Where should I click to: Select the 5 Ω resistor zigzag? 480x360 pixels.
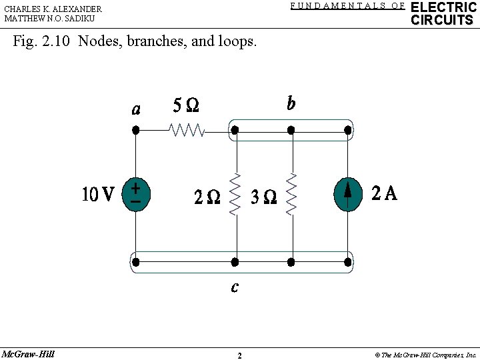[x=187, y=130]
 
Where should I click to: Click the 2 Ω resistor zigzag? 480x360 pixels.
[x=235, y=195]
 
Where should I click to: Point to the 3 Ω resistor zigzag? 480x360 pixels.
[x=291, y=195]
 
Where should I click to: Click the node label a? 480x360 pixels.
[x=136, y=109]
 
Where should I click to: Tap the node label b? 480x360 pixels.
[x=291, y=103]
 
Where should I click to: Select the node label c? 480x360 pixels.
[x=235, y=287]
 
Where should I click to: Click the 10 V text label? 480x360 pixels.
[x=98, y=195]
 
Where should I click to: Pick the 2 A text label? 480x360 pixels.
[x=385, y=193]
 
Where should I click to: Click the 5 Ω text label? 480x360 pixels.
[x=186, y=105]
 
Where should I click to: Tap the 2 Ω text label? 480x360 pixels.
[x=207, y=197]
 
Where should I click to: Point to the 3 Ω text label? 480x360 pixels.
[x=263, y=197]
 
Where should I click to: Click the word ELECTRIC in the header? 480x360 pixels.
[x=443, y=7]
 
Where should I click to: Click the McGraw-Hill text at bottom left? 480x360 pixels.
[x=28, y=353]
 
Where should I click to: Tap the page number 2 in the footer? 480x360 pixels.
[x=239, y=355]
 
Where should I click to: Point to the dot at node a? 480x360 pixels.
[x=136, y=131]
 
